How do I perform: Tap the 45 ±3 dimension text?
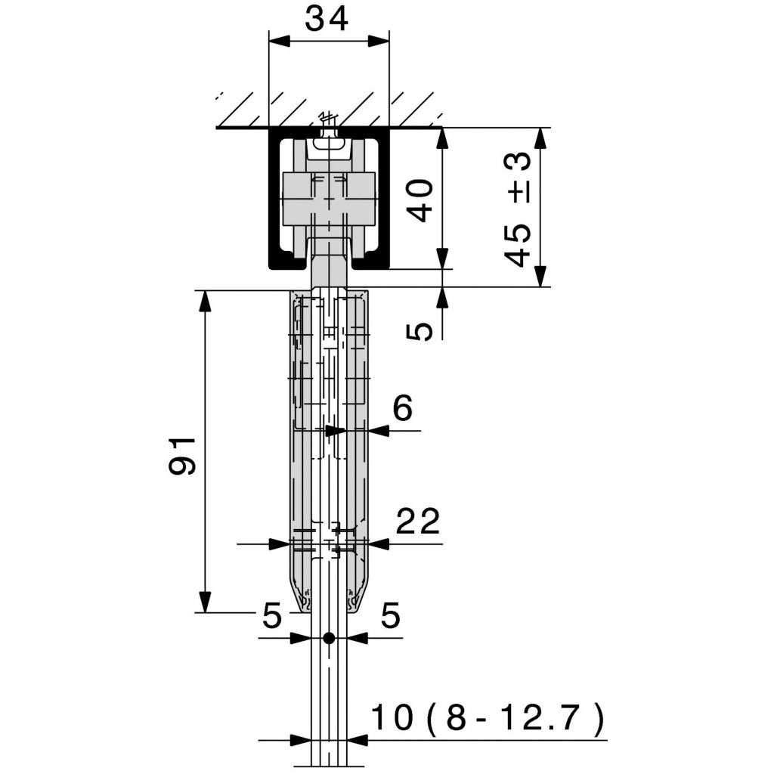[x=519, y=208]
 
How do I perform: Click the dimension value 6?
[x=402, y=409]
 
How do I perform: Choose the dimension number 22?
[x=417, y=522]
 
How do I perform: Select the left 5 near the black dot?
[x=271, y=617]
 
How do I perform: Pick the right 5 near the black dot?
[x=389, y=617]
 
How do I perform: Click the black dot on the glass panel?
[x=328, y=638]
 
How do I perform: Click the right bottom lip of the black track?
[x=370, y=264]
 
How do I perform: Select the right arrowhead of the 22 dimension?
[x=378, y=543]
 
